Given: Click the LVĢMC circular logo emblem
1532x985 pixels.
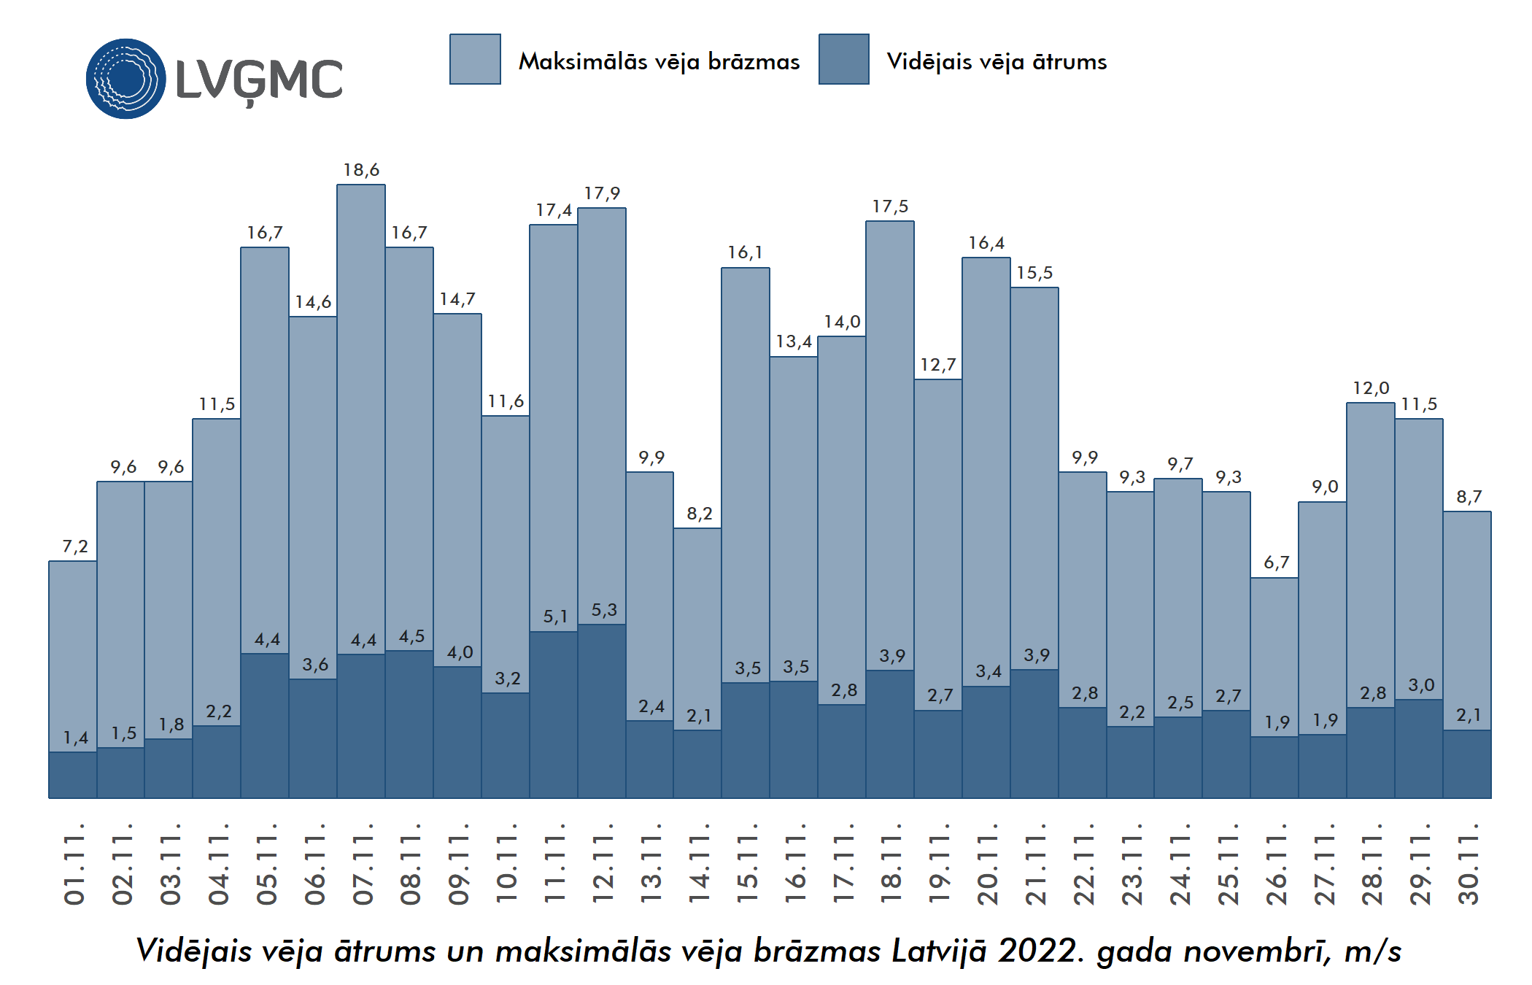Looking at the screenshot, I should click(125, 79).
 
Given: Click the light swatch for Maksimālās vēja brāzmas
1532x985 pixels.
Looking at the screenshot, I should click(475, 59).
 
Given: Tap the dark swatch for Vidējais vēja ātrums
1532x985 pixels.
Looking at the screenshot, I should click(843, 59).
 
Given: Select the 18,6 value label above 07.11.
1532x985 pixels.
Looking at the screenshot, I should click(361, 170).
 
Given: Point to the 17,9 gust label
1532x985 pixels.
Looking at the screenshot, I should click(602, 193).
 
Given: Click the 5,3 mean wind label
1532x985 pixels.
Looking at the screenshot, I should click(603, 610).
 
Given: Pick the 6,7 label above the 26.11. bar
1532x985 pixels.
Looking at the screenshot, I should click(1276, 563).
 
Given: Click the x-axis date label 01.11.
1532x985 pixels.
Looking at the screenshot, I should click(74, 865).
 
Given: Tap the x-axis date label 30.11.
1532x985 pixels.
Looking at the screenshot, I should click(1468, 865).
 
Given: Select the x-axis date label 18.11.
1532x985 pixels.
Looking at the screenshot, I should click(891, 865).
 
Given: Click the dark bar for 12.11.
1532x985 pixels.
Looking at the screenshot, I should click(602, 711).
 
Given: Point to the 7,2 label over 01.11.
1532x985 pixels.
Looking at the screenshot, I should click(74, 546).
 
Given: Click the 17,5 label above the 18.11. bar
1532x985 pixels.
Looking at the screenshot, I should click(890, 206).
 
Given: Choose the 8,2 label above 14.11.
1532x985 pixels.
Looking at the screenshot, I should click(699, 514).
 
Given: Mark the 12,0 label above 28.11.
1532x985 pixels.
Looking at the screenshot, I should click(1371, 388).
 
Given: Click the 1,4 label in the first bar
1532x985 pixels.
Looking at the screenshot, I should click(74, 738).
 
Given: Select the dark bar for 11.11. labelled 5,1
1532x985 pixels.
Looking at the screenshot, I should click(554, 715).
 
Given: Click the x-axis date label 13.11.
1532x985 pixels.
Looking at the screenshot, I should click(651, 865).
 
